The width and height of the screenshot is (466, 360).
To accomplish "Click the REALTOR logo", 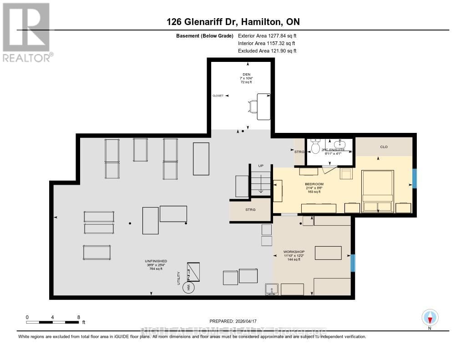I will (26, 32).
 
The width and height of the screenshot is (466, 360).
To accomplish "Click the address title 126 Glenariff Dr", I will (233, 22).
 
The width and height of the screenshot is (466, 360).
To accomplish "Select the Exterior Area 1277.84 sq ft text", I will (267, 35).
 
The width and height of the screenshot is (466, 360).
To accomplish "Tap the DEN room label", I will (246, 74).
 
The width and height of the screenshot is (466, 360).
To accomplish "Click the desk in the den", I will (263, 106).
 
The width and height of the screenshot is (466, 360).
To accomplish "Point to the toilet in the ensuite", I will (315, 145).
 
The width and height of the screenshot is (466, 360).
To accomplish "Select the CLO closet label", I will (383, 147).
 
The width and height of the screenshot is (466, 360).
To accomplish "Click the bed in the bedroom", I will (377, 191).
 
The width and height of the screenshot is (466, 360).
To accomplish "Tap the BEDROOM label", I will (314, 184).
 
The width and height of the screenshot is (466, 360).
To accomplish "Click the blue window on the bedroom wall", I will (414, 178).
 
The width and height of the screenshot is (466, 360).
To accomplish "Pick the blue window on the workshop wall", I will (353, 263).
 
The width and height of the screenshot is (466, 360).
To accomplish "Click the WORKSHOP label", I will (294, 252).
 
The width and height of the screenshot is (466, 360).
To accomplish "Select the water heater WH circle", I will (188, 287).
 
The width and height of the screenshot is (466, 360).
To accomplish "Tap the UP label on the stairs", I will (261, 166).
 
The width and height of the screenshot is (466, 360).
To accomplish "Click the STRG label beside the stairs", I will (250, 210).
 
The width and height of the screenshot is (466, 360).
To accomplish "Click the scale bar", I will (52, 322).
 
